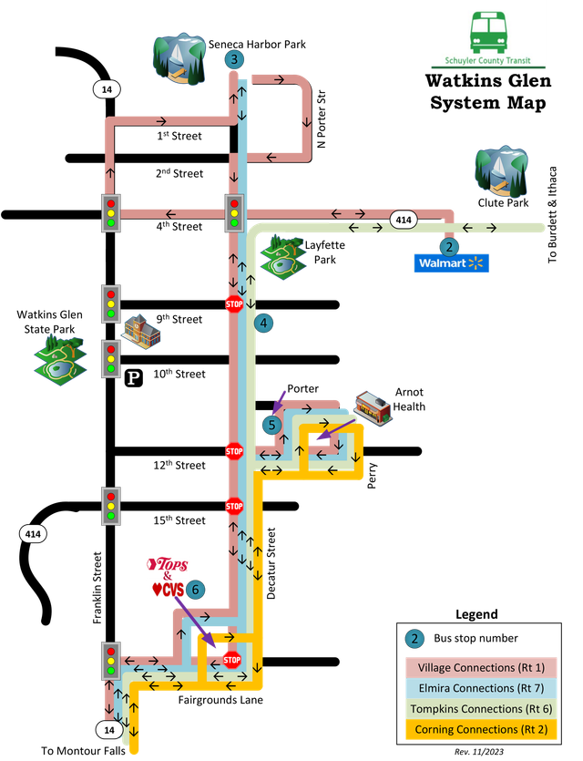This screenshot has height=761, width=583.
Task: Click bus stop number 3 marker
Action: tap(234, 60)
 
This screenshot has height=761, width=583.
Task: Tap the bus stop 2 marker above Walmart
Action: tap(449, 247)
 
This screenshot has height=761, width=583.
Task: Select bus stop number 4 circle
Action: tap(263, 323)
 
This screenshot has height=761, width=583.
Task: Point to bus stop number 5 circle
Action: tap(271, 425)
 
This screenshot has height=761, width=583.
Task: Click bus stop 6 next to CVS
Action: tap(196, 590)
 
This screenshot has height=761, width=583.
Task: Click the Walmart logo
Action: tap(451, 263)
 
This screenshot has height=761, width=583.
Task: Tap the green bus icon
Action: tap(488, 33)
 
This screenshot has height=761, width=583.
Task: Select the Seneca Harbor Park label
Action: tap(257, 44)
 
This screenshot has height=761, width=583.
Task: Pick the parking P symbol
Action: tap(134, 378)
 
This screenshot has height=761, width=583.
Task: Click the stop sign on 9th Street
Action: tap(234, 304)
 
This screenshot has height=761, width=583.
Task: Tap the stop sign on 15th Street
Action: tap(234, 506)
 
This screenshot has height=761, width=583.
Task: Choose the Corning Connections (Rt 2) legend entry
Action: tap(481, 729)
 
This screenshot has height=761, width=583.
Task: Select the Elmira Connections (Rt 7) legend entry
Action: tap(481, 688)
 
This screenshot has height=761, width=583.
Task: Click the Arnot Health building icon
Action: tap(373, 408)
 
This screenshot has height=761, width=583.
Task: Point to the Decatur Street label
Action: tap(271, 563)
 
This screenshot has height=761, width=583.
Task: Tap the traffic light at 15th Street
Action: tap(111, 506)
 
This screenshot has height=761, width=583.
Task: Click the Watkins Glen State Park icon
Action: tap(61, 360)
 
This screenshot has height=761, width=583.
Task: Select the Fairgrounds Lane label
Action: tap(220, 700)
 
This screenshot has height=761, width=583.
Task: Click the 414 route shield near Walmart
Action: tap(404, 220)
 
